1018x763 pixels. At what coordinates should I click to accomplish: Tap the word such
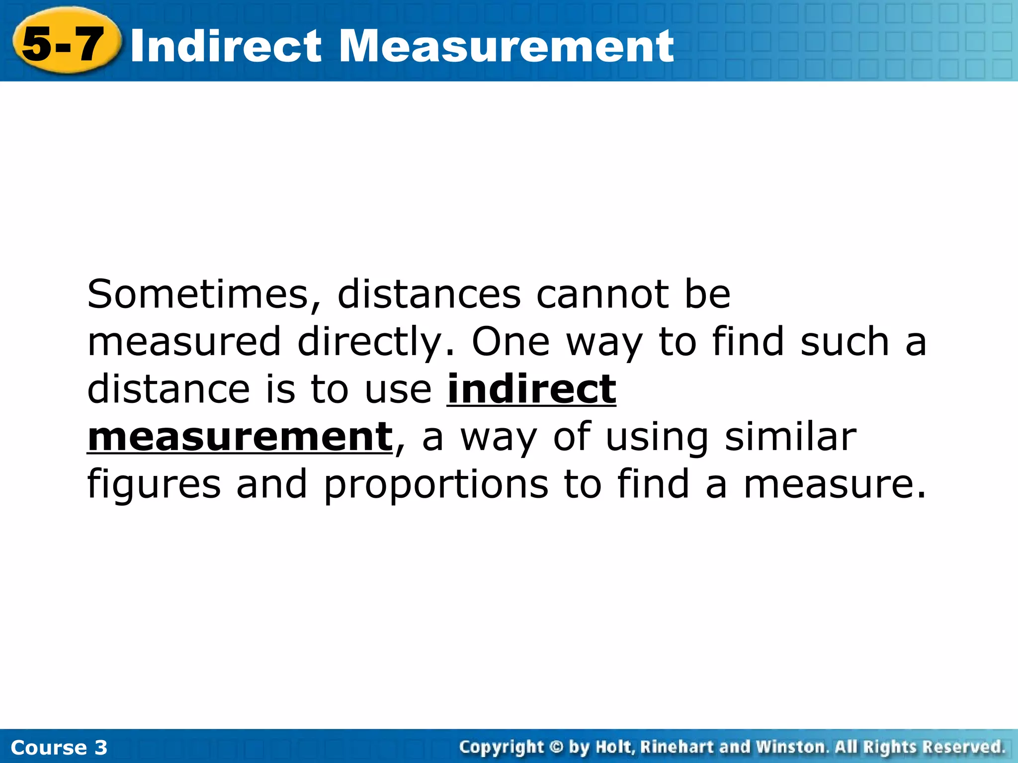point(845,342)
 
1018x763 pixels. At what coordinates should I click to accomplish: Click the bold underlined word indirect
point(531,389)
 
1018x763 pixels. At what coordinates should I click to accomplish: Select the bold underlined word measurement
point(240,437)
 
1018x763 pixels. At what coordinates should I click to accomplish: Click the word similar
point(790,437)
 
